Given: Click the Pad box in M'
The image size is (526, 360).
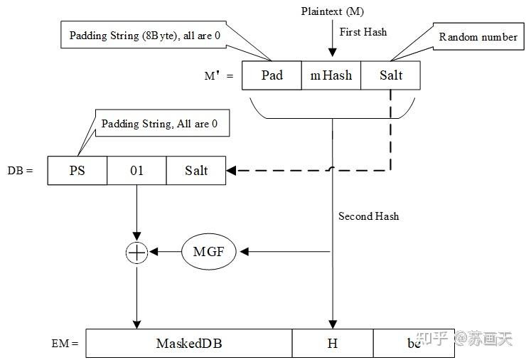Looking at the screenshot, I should click(272, 75).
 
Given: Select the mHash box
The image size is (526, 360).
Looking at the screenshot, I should click(331, 75).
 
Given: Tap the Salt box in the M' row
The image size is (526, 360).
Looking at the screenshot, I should click(390, 75).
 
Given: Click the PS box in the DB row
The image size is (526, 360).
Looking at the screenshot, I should click(77, 171).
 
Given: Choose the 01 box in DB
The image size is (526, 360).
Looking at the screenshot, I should click(136, 171).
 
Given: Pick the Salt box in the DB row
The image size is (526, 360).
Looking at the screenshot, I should click(196, 171).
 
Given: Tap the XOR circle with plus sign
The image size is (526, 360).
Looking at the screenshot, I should click(136, 252).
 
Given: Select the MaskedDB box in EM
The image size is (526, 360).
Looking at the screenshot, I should click(189, 343).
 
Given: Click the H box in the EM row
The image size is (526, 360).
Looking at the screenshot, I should click(332, 343).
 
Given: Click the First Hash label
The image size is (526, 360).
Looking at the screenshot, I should click(363, 32).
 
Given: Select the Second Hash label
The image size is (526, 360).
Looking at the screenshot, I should click(368, 216).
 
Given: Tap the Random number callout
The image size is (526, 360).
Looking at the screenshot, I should click(478, 36).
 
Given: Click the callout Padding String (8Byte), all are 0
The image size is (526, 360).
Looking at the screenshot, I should click(148, 35).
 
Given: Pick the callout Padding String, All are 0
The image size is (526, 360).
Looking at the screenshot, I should click(159, 124).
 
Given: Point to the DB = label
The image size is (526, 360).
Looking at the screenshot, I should click(19, 171).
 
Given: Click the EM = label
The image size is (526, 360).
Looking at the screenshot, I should click(65, 344).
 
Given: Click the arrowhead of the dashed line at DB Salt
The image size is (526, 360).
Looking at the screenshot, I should click(232, 171).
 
